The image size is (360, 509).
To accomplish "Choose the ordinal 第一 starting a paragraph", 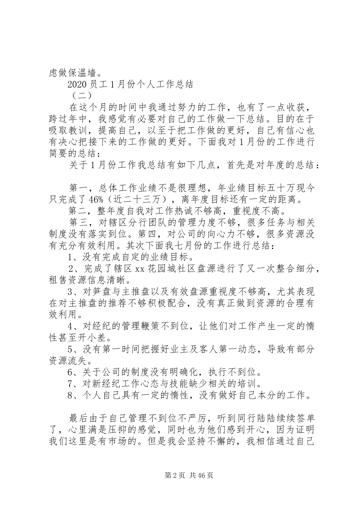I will point(78,188).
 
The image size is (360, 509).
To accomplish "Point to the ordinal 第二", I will point(78,210).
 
